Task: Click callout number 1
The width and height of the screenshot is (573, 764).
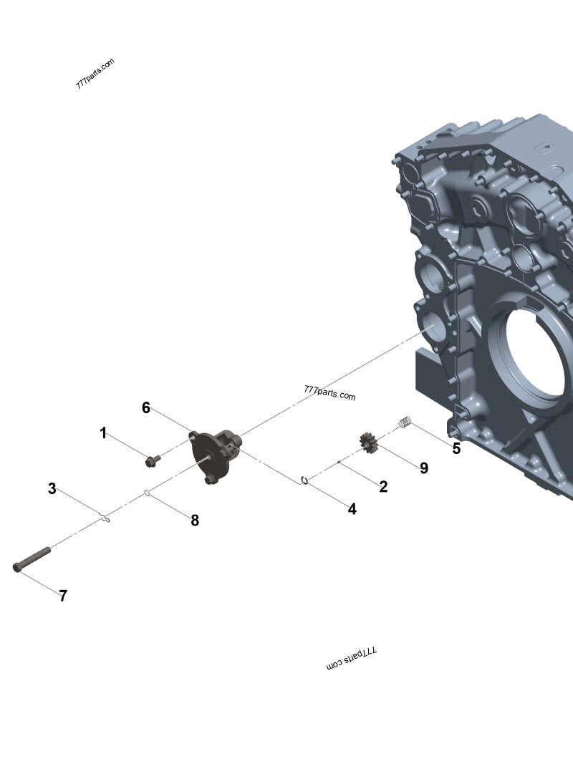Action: click(x=103, y=433)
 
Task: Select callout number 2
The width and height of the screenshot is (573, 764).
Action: click(x=384, y=487)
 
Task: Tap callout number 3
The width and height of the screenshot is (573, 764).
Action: click(x=52, y=489)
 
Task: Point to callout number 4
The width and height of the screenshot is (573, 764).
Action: click(x=352, y=509)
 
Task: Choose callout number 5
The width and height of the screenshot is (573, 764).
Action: click(x=456, y=450)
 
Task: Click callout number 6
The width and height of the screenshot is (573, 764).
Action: click(x=146, y=408)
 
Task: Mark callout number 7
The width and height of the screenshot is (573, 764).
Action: click(x=63, y=596)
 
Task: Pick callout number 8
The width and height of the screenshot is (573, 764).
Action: click(x=195, y=521)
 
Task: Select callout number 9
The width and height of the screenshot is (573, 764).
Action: click(x=424, y=468)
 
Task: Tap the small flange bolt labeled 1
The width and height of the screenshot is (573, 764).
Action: click(x=151, y=461)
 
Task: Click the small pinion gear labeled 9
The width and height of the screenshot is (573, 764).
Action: click(x=369, y=443)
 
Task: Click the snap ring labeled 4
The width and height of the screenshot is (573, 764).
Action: click(x=305, y=480)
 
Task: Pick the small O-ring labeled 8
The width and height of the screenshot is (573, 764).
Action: click(x=147, y=492)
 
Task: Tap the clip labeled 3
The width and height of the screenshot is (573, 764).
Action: click(x=105, y=518)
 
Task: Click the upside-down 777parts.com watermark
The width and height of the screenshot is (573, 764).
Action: click(x=352, y=659)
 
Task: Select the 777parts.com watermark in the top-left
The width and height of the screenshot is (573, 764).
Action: click(x=95, y=74)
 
